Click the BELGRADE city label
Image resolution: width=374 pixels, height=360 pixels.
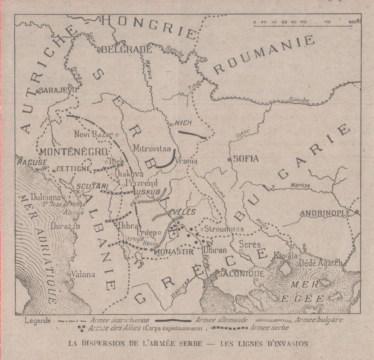coord(126,49)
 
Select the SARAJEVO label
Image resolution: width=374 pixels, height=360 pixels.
coord(58,90)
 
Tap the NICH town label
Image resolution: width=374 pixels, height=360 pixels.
coord(183,123)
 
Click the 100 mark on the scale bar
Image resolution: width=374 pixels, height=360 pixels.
coord(303,22)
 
